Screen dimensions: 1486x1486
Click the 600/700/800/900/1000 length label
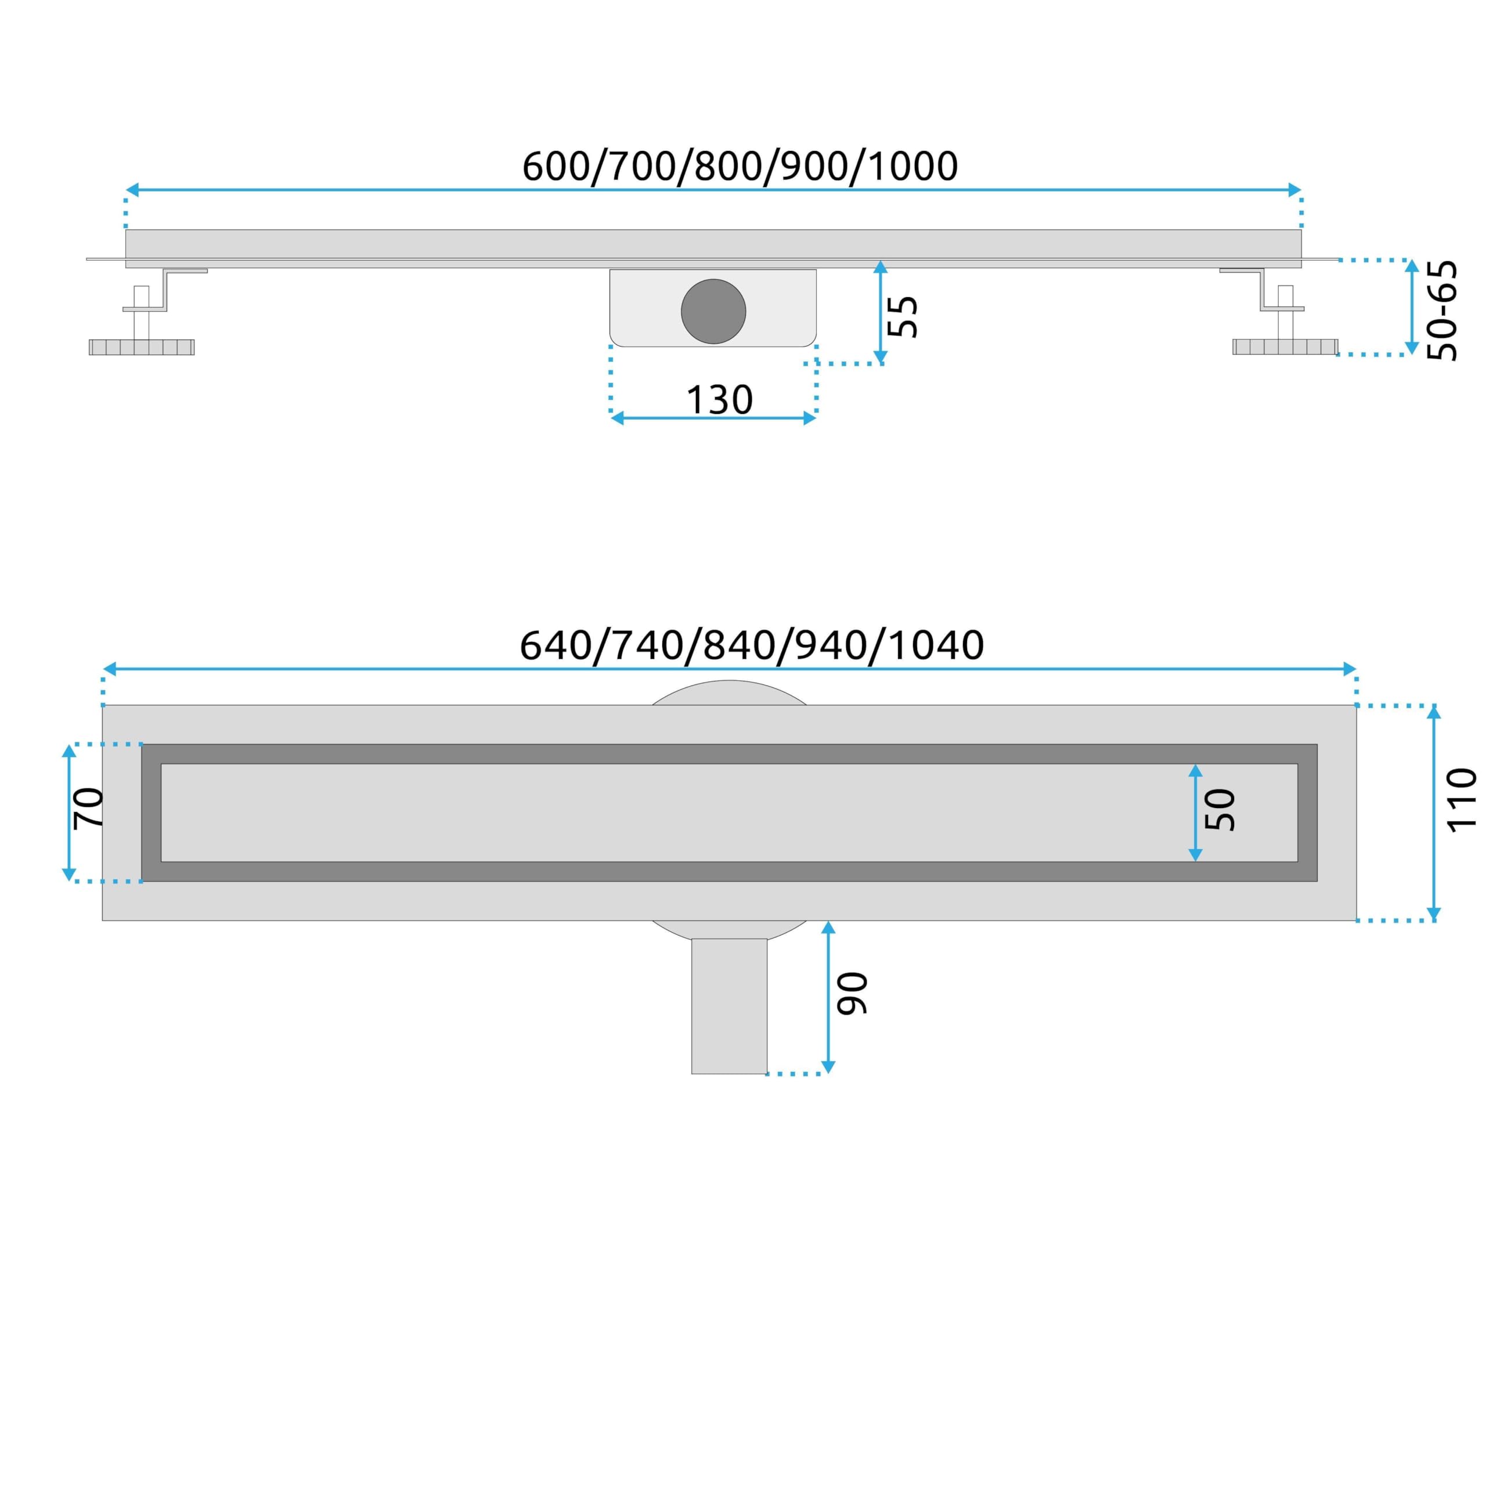(x=740, y=166)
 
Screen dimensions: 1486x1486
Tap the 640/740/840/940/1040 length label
(x=752, y=645)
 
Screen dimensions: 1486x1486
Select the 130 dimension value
(x=719, y=400)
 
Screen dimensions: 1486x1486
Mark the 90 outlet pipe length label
(x=852, y=994)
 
